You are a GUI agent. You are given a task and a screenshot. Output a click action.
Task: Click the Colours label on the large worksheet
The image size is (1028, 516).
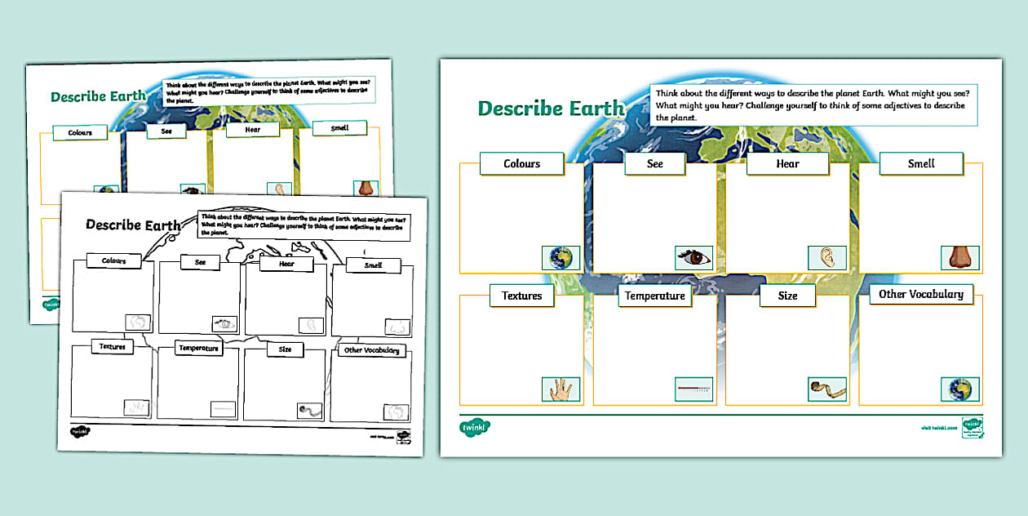522,163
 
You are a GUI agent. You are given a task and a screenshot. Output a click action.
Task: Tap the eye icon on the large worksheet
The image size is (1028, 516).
693,258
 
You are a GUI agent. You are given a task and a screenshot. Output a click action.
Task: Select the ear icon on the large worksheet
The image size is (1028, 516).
827,258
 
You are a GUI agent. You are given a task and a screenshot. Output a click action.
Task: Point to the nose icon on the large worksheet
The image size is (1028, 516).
959,258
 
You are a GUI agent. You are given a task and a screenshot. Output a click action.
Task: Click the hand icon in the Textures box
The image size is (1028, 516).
561,389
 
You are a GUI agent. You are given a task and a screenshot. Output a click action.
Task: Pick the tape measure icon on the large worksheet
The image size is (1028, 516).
827,389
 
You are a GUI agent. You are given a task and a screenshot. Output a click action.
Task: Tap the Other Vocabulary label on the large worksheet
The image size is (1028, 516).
920,294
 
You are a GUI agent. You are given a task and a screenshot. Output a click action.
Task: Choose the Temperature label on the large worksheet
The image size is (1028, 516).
654,296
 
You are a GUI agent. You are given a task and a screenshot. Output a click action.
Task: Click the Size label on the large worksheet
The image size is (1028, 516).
787,296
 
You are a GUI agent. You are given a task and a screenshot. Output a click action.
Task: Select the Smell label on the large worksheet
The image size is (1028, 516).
921,163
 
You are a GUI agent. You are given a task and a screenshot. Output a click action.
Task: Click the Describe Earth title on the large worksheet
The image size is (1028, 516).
552,109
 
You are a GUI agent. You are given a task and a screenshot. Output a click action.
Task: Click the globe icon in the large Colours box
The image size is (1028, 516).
561,258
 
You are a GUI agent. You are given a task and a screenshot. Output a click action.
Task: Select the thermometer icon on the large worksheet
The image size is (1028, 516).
693,389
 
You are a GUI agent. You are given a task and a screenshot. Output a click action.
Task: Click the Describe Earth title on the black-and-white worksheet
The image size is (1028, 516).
134,225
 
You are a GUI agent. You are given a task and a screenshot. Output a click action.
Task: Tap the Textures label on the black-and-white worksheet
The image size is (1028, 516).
113,347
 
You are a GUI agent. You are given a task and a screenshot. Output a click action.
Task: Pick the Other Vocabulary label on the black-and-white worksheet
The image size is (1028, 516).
372,350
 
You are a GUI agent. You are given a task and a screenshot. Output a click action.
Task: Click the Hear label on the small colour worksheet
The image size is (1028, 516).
252,130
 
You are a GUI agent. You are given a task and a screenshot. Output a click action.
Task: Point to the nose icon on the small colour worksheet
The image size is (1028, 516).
364,188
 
